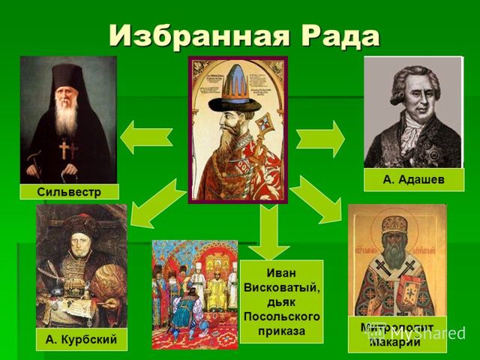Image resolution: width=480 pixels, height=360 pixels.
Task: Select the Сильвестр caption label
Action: coord(68,191)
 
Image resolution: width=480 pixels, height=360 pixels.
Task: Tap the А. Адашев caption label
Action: coord(413,180)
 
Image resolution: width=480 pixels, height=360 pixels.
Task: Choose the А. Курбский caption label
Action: coord(81,340)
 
